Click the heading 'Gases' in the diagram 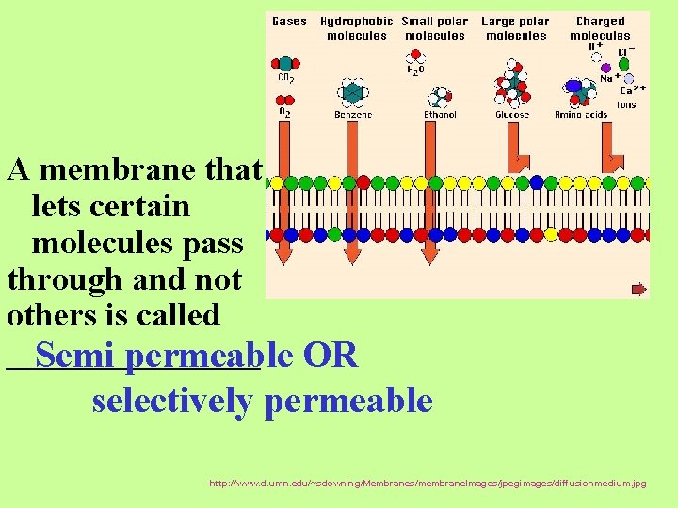[289, 22]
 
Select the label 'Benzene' [353, 115]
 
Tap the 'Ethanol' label [440, 115]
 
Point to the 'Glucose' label [512, 115]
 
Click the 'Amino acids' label [581, 115]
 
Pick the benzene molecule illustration [352, 92]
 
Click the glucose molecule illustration [511, 85]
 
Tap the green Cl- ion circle [623, 64]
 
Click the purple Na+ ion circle [605, 68]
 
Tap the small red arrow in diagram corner [638, 289]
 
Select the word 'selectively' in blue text [172, 401]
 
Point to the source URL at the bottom [428, 483]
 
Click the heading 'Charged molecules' [600, 28]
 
